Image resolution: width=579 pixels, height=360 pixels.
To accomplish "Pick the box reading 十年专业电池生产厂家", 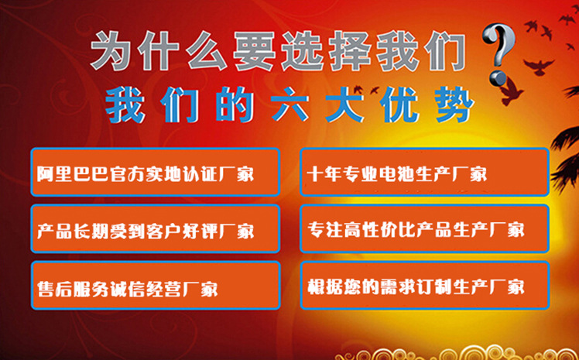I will (424, 172).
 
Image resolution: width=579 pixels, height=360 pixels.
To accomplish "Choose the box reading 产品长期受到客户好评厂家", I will (155, 230).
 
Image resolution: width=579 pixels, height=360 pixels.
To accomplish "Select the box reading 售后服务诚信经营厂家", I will (155, 287).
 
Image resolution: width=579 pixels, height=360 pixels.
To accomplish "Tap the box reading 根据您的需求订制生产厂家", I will (424, 286).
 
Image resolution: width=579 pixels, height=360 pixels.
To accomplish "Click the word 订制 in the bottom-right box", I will (420, 286).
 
